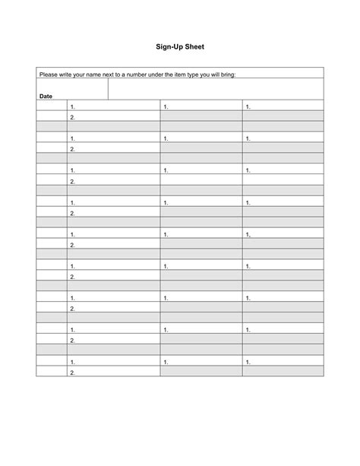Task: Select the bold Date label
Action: click(x=46, y=97)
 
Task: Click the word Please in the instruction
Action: click(x=49, y=75)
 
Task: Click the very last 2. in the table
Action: click(x=72, y=373)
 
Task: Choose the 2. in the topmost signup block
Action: click(x=72, y=118)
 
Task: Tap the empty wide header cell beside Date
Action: click(x=216, y=89)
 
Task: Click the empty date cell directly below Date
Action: click(x=52, y=106)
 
